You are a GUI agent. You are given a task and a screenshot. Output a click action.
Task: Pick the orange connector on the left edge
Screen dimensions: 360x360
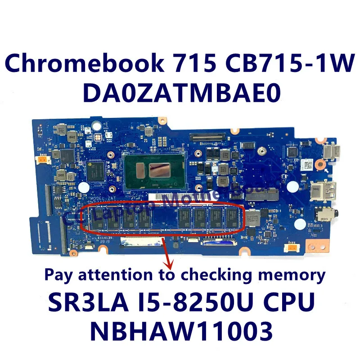tap(42, 159)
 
